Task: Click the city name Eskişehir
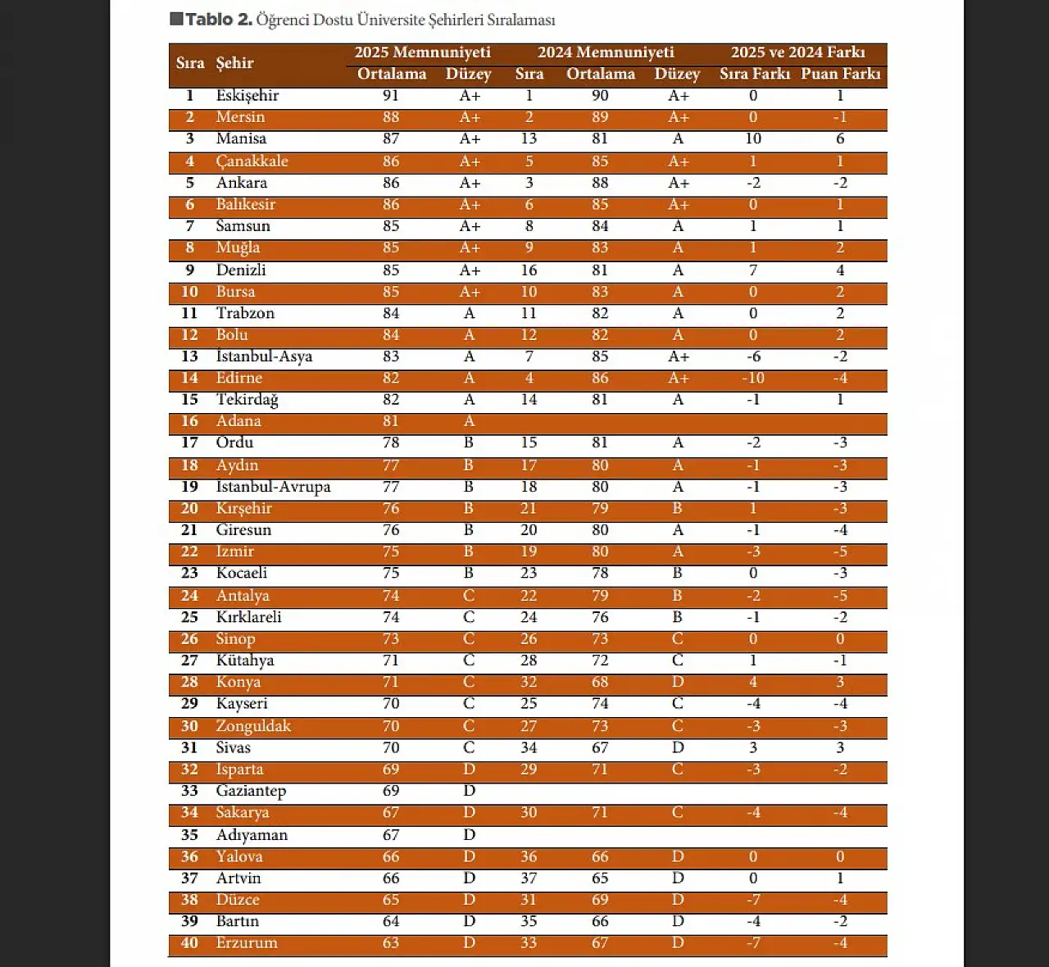[x=247, y=96]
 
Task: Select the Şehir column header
[x=234, y=63]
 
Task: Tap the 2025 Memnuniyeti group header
[x=422, y=52]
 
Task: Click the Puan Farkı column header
[x=840, y=74]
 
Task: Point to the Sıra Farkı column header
[x=754, y=74]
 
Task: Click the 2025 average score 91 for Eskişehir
[x=391, y=96]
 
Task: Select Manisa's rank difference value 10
[x=753, y=139]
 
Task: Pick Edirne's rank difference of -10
[x=752, y=378]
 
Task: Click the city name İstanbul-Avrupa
[x=273, y=487]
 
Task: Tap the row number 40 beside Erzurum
[x=189, y=943]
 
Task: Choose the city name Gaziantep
[x=251, y=791]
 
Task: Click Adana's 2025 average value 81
[x=391, y=421]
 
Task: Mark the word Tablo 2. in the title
[x=218, y=20]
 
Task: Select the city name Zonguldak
[x=253, y=726]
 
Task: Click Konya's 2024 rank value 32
[x=529, y=682]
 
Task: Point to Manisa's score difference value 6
[x=840, y=139]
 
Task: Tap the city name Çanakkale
[x=252, y=161]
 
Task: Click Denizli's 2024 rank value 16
[x=529, y=270]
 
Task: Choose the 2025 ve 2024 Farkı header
[x=797, y=52]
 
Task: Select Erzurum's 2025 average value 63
[x=391, y=943]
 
